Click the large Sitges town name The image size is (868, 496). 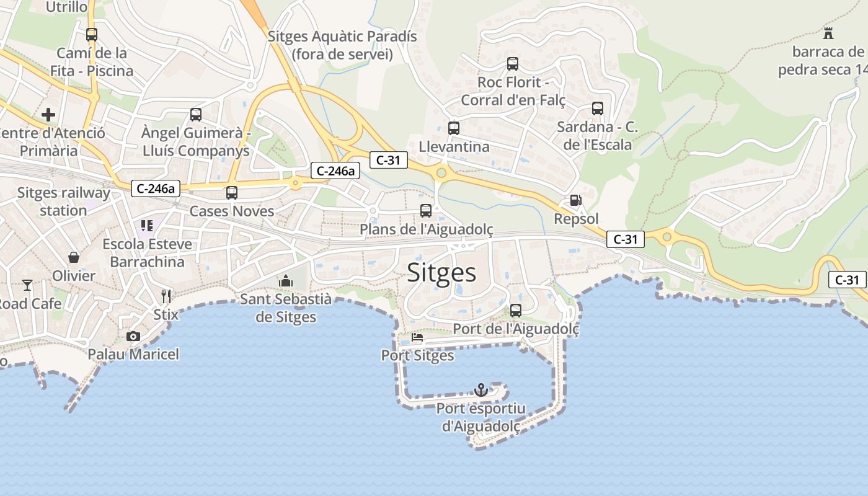(x=441, y=273)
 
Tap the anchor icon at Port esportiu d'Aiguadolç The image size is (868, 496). (x=480, y=390)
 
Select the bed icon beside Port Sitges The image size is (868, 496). (x=417, y=338)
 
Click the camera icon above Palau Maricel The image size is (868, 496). (x=133, y=336)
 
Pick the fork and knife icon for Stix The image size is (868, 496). (x=166, y=296)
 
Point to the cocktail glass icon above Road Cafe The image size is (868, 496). (x=27, y=285)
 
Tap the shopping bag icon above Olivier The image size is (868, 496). (x=74, y=257)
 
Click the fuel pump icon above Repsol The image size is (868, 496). (x=575, y=200)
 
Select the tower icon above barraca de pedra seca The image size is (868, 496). (x=828, y=33)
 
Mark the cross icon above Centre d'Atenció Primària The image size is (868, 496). (x=48, y=115)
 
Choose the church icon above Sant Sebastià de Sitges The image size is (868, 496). (x=285, y=281)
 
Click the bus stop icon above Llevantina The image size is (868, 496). (x=454, y=128)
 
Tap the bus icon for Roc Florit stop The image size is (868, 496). (x=513, y=63)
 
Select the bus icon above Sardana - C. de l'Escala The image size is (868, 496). (x=598, y=108)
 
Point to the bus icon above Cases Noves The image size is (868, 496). (x=232, y=192)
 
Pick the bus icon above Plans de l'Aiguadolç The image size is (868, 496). (x=426, y=211)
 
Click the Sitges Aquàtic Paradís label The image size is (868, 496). (x=342, y=45)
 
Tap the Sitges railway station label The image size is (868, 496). (x=63, y=201)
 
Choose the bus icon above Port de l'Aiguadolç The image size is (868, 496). (x=516, y=311)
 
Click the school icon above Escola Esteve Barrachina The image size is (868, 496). (x=147, y=225)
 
